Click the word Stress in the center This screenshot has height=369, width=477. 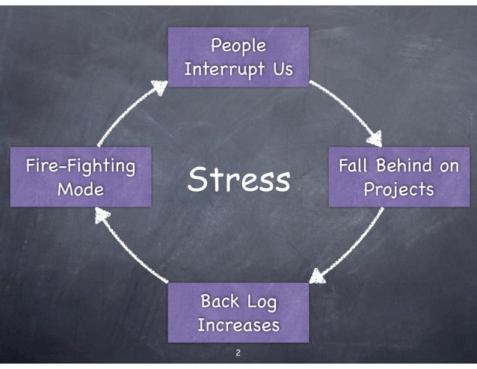(238, 180)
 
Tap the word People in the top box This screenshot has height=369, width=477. (238, 46)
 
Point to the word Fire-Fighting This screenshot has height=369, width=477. (81, 165)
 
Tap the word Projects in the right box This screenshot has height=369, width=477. (398, 189)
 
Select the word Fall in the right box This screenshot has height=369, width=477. (354, 165)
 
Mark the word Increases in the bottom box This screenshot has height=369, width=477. (238, 326)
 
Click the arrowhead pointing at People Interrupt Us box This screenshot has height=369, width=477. (159, 88)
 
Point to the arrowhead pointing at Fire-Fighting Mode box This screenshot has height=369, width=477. (102, 216)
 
